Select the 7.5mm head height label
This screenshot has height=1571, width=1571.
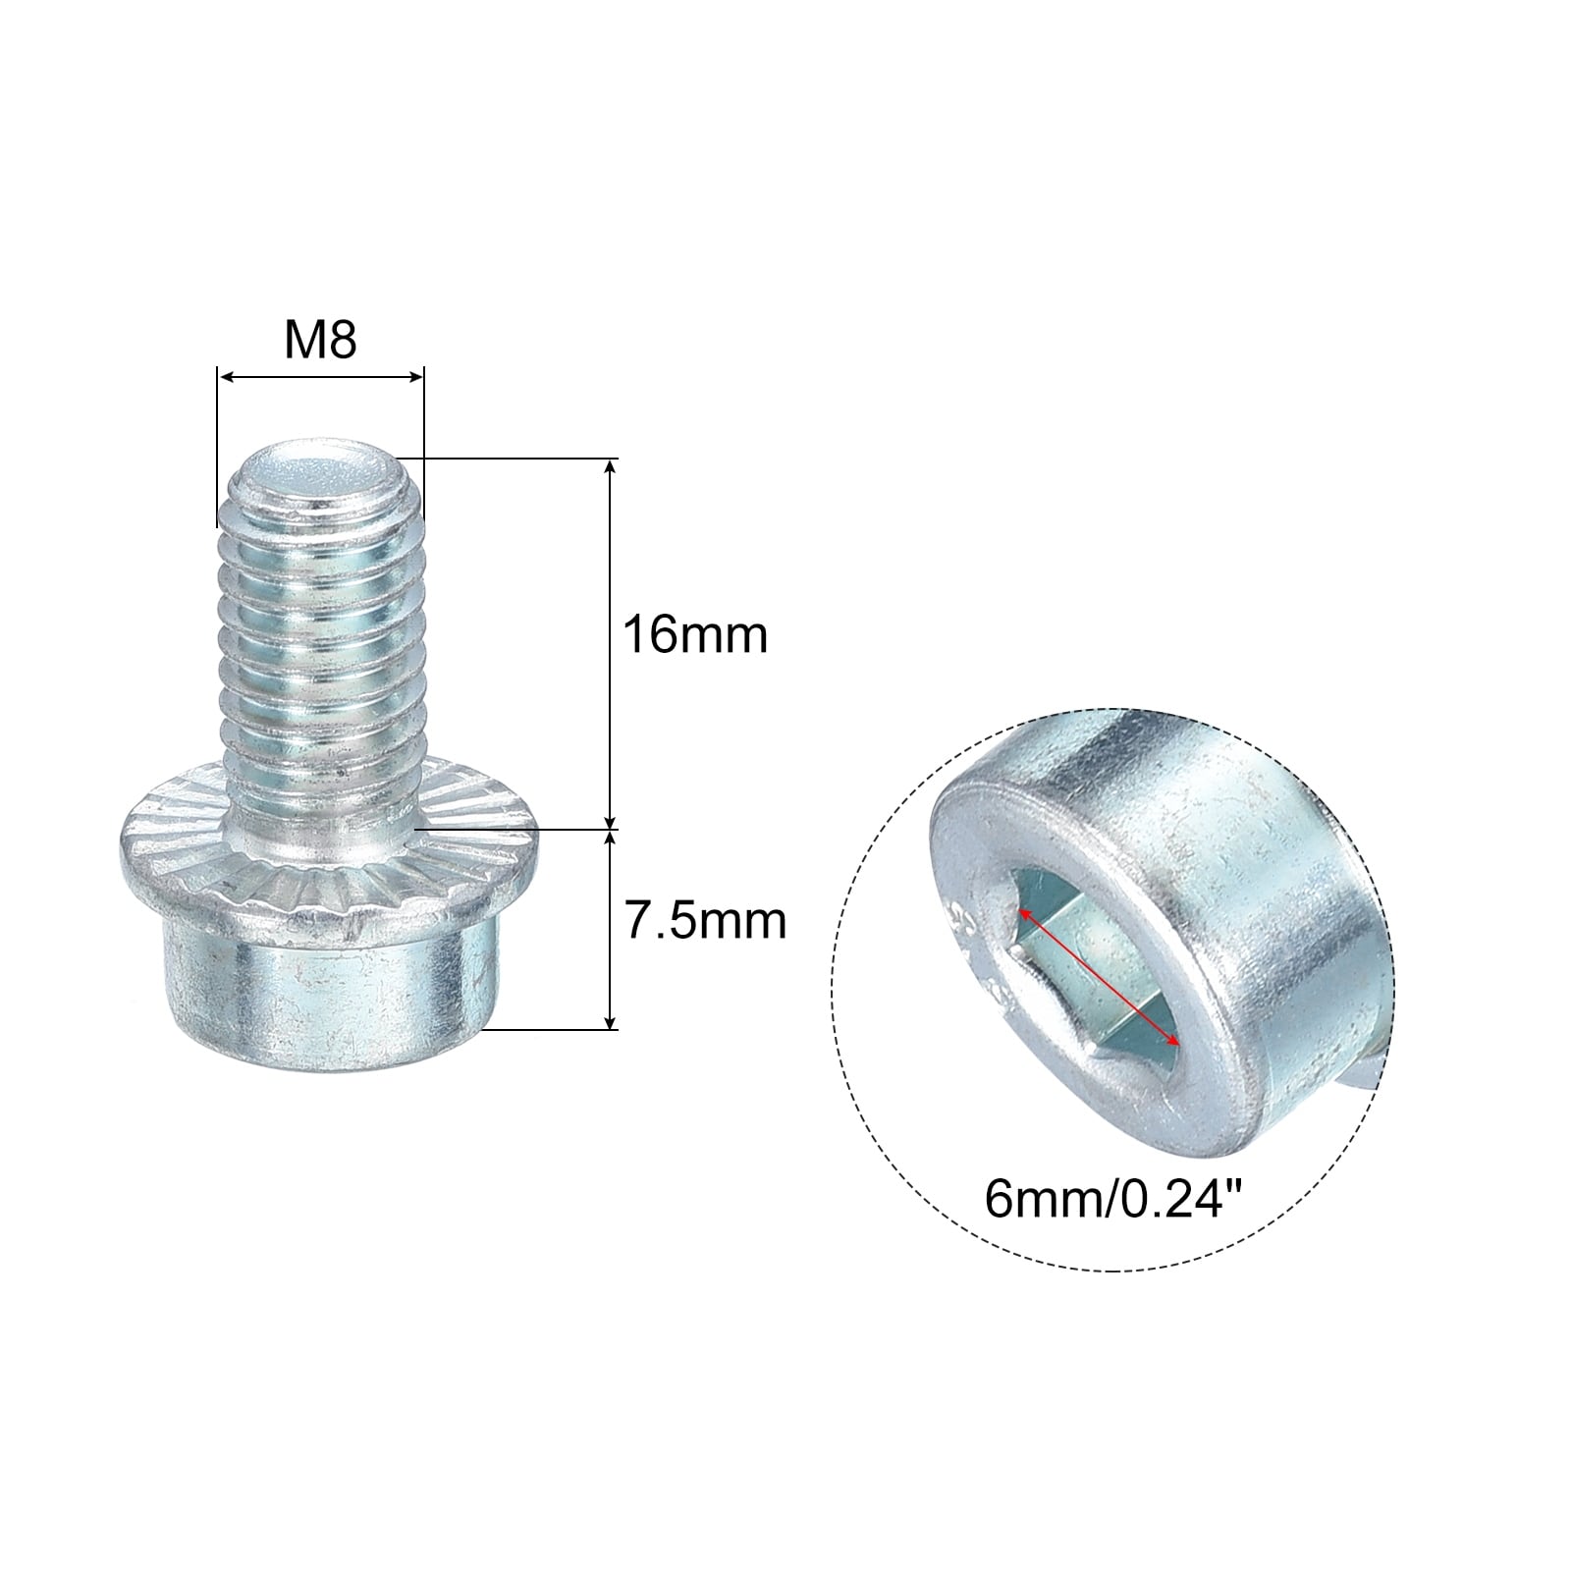[706, 921]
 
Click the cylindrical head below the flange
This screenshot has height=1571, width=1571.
[324, 997]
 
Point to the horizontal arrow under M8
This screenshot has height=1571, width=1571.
[320, 377]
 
